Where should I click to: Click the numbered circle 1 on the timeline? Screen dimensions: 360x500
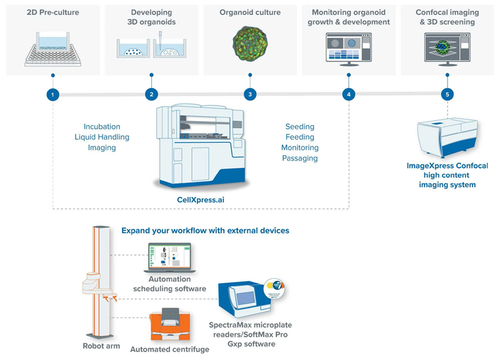click(53, 94)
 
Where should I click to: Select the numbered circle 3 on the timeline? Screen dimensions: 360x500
click(250, 94)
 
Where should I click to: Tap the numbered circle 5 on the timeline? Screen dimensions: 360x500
click(446, 94)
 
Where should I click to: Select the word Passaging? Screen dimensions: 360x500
click(300, 159)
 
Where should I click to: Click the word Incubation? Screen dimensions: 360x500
click(102, 126)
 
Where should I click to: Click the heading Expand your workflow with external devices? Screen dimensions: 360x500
click(205, 231)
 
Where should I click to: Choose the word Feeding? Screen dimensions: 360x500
click(300, 137)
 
